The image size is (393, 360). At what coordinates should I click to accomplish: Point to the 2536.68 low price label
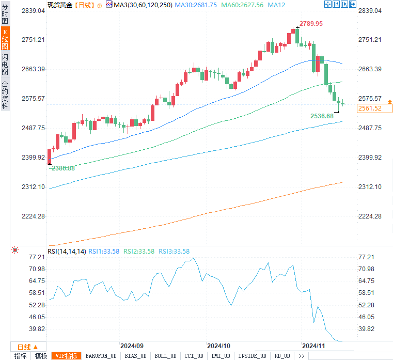click(x=322, y=116)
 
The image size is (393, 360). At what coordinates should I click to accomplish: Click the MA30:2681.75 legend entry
click(x=195, y=5)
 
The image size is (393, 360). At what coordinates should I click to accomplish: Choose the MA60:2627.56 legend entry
click(x=243, y=5)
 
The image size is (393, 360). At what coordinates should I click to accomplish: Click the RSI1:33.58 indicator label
click(x=104, y=252)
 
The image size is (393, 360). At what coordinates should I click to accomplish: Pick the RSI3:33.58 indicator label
click(x=174, y=252)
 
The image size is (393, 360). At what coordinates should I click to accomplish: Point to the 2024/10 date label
click(x=218, y=346)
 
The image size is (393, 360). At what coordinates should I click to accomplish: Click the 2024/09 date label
click(x=132, y=346)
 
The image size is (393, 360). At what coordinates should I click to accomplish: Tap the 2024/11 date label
click(x=314, y=346)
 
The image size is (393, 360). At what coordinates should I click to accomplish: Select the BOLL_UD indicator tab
click(x=165, y=356)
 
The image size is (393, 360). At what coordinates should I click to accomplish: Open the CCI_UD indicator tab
click(x=194, y=356)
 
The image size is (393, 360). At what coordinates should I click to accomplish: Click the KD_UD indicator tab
click(x=282, y=356)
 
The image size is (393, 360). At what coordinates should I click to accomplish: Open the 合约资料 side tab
click(x=5, y=95)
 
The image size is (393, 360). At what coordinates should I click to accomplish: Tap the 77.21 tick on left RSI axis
click(x=36, y=257)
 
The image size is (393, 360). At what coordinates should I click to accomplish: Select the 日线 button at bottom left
click(x=24, y=347)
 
